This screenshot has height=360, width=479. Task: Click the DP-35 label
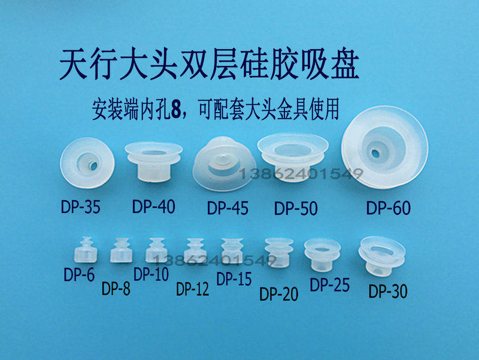pyautogui.click(x=81, y=207)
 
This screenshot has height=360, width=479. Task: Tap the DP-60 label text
pyautogui.click(x=388, y=208)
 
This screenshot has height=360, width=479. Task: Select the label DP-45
pyautogui.click(x=228, y=208)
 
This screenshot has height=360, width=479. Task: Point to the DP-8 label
pyautogui.click(x=116, y=288)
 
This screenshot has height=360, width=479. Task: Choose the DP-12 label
pyautogui.click(x=192, y=289)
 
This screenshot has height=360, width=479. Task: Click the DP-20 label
pyautogui.click(x=278, y=294)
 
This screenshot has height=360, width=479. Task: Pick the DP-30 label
pyautogui.click(x=388, y=291)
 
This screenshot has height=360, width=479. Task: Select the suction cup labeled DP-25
pyautogui.click(x=322, y=255)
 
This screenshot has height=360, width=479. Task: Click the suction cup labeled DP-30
pyautogui.click(x=382, y=256)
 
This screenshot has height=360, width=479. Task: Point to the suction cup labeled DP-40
pyautogui.click(x=154, y=162)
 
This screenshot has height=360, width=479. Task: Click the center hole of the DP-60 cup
pyautogui.click(x=375, y=153)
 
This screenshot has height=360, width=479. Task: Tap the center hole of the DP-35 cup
pyautogui.click(x=93, y=166)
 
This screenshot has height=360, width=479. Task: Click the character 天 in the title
pyautogui.click(x=73, y=65)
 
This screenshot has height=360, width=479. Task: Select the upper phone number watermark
pyautogui.click(x=301, y=174)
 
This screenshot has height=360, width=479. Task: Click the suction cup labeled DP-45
pyautogui.click(x=224, y=164)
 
